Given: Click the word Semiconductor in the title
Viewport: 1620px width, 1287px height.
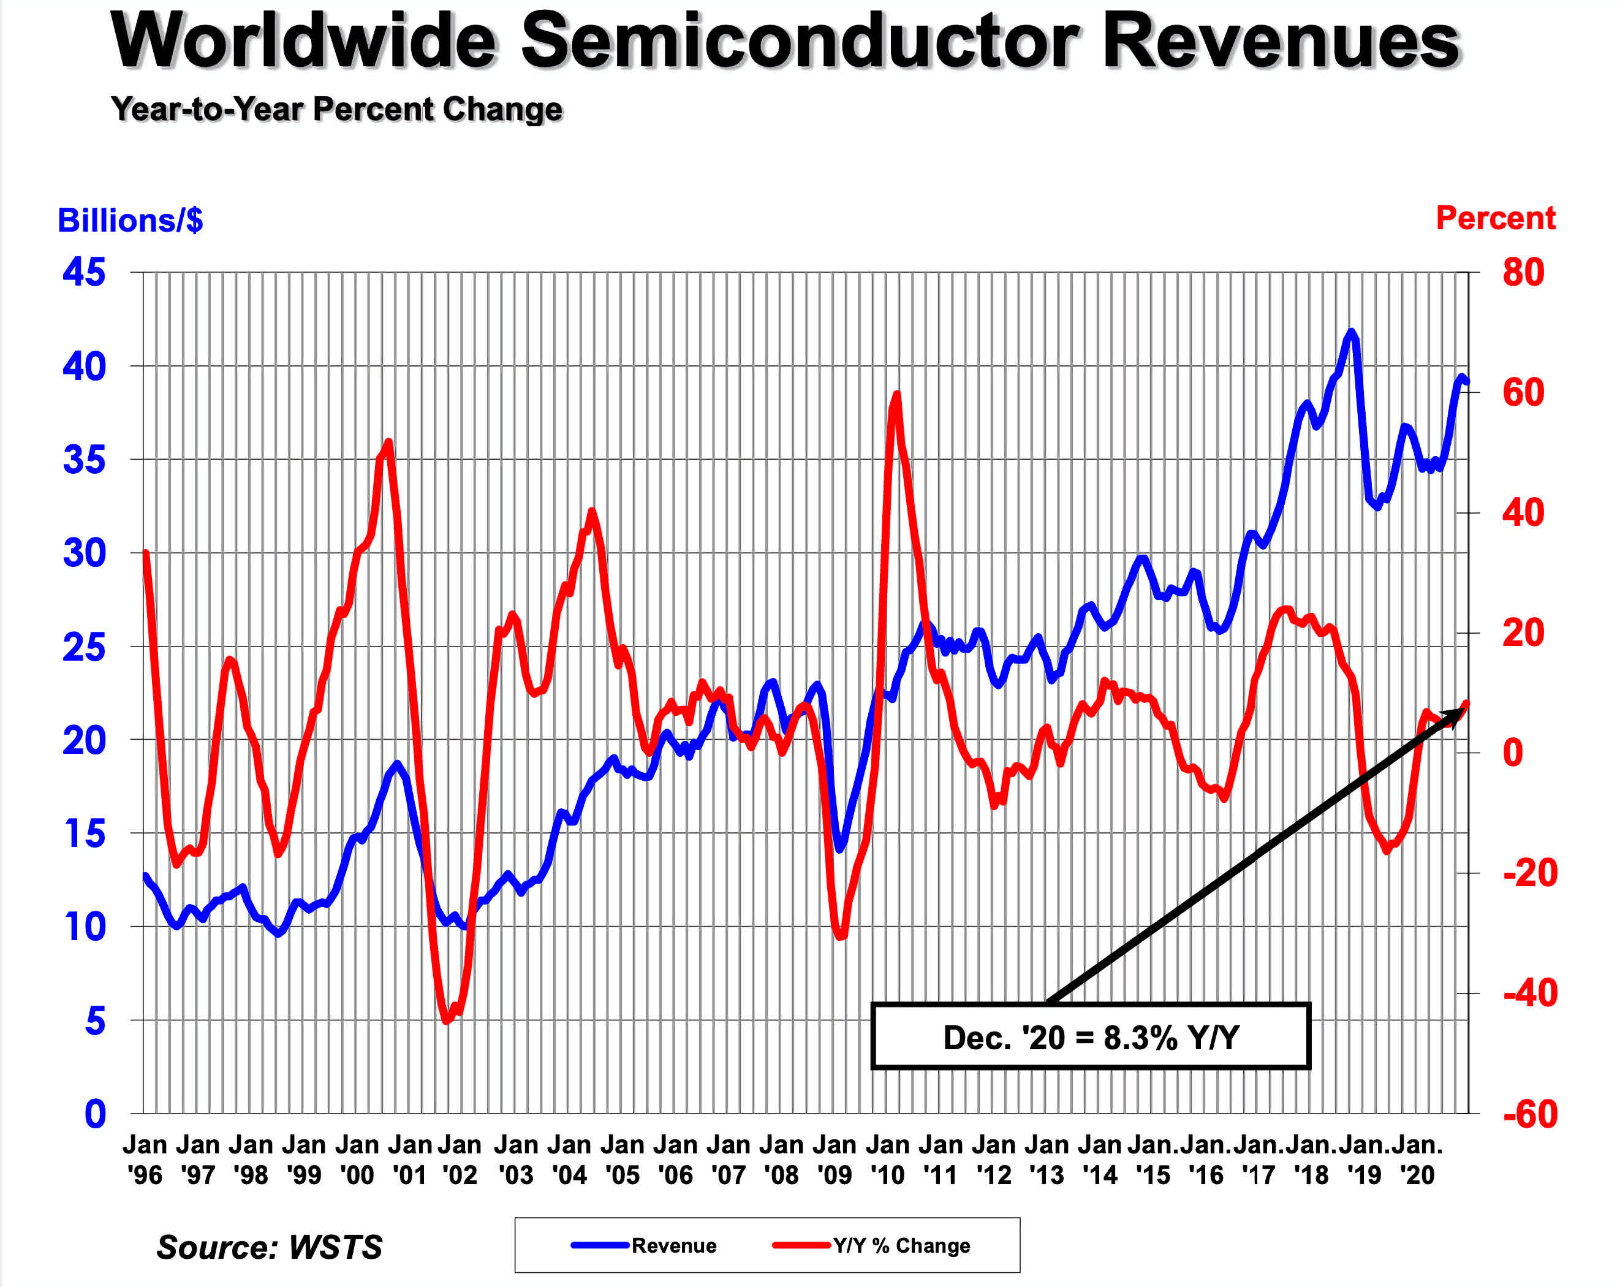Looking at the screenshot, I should (800, 41).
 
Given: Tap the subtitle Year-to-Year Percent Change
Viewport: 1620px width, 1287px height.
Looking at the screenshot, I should (336, 109).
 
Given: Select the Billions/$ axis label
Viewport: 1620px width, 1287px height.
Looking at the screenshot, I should (130, 220).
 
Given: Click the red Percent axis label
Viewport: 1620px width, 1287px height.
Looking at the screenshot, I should (1494, 218).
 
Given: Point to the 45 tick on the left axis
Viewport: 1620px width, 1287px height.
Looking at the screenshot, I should (84, 272).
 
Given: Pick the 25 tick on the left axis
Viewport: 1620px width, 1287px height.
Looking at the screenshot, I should (84, 647).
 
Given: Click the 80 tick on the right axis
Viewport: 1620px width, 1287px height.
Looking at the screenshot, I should (1523, 272).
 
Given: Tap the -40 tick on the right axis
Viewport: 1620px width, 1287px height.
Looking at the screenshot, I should (1530, 993).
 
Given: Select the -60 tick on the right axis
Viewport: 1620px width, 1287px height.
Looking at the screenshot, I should (1530, 1114).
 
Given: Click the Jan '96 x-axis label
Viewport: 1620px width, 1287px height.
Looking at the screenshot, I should (145, 1159).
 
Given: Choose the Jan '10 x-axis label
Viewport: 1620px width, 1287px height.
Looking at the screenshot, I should (887, 1159).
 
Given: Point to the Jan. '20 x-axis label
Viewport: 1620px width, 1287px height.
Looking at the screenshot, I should (1417, 1159).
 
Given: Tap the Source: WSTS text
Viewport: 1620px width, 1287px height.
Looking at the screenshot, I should (269, 1247).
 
